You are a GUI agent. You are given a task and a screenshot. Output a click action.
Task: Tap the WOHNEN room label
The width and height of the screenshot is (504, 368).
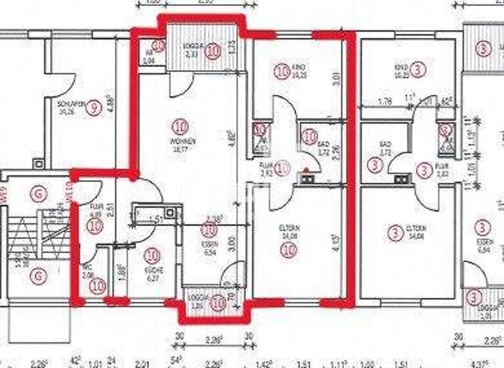pyautogui.click(x=180, y=141)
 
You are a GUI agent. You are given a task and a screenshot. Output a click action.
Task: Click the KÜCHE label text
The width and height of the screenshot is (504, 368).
pyautogui.click(x=153, y=269)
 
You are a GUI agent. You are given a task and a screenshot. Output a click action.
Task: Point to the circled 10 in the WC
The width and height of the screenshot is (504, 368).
pyautogui.click(x=98, y=286)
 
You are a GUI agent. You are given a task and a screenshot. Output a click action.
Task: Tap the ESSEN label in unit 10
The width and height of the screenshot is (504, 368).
pyautogui.click(x=209, y=242)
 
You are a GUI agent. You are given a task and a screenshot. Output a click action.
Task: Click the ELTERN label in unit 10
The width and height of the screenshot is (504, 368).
pyautogui.click(x=289, y=228)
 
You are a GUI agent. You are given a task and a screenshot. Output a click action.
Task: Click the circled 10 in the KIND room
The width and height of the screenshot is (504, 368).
pyautogui.click(x=282, y=71)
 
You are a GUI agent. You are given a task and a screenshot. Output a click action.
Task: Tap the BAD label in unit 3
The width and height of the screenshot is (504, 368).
pyautogui.click(x=385, y=143)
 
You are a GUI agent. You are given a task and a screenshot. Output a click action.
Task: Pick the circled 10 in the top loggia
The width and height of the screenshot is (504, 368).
pyautogui.click(x=212, y=53)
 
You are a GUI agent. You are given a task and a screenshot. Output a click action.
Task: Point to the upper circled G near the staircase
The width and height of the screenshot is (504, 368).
pyautogui.click(x=41, y=193)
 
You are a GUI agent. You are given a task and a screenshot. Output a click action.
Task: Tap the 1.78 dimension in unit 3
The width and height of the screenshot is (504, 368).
pyautogui.click(x=386, y=101)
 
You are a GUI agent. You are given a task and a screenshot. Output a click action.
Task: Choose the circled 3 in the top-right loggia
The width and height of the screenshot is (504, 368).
pyautogui.click(x=484, y=49)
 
